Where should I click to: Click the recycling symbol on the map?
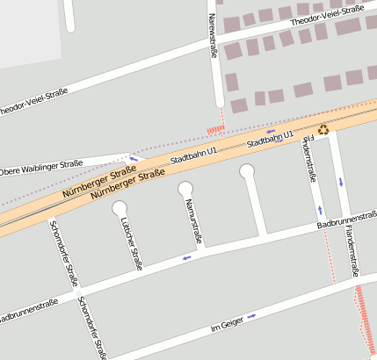pyautogui.click(x=323, y=130)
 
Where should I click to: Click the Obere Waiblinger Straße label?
pyautogui.click(x=40, y=167)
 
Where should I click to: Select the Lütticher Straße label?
pyautogui.click(x=135, y=244)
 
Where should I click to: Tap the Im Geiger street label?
pyautogui.click(x=227, y=326)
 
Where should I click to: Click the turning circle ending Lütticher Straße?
pyautogui.click(x=120, y=208)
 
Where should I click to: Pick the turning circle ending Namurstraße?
pyautogui.click(x=185, y=188)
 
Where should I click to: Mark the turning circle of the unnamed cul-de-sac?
pyautogui.click(x=247, y=170)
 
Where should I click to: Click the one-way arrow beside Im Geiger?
pyautogui.click(x=252, y=316)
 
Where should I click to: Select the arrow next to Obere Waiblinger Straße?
pyautogui.click(x=134, y=159)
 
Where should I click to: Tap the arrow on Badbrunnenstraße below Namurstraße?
pyautogui.click(x=186, y=258)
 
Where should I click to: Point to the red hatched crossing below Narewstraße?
pyautogui.click(x=215, y=130)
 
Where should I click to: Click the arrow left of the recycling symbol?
pyautogui.click(x=271, y=131)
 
